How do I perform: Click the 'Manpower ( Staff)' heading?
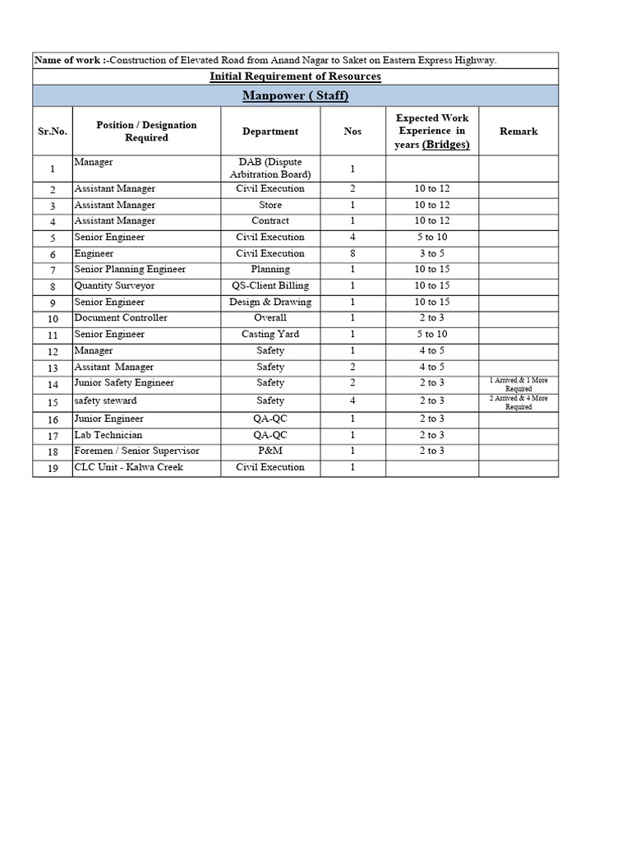(x=296, y=96)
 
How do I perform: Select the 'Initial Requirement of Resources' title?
(x=296, y=76)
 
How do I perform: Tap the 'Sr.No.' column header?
(x=53, y=132)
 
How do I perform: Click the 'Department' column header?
(x=270, y=132)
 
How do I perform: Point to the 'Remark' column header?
(x=518, y=132)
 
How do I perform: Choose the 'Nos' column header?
(x=352, y=132)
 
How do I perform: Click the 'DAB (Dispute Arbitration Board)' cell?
(x=270, y=169)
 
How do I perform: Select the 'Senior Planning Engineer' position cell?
(x=130, y=270)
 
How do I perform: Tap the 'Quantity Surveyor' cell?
(x=114, y=286)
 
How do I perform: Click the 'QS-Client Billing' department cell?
(x=270, y=286)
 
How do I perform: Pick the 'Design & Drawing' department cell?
(x=270, y=302)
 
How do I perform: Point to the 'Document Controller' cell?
(x=121, y=318)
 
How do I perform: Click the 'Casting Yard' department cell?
(x=270, y=335)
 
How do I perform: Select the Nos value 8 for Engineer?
(x=352, y=254)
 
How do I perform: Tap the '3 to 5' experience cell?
(x=431, y=254)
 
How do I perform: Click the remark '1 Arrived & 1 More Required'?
(x=518, y=384)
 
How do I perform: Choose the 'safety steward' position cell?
(x=105, y=401)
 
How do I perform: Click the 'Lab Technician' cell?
(x=108, y=435)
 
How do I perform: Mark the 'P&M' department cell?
(x=270, y=451)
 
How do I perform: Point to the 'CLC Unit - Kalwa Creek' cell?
(x=128, y=468)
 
